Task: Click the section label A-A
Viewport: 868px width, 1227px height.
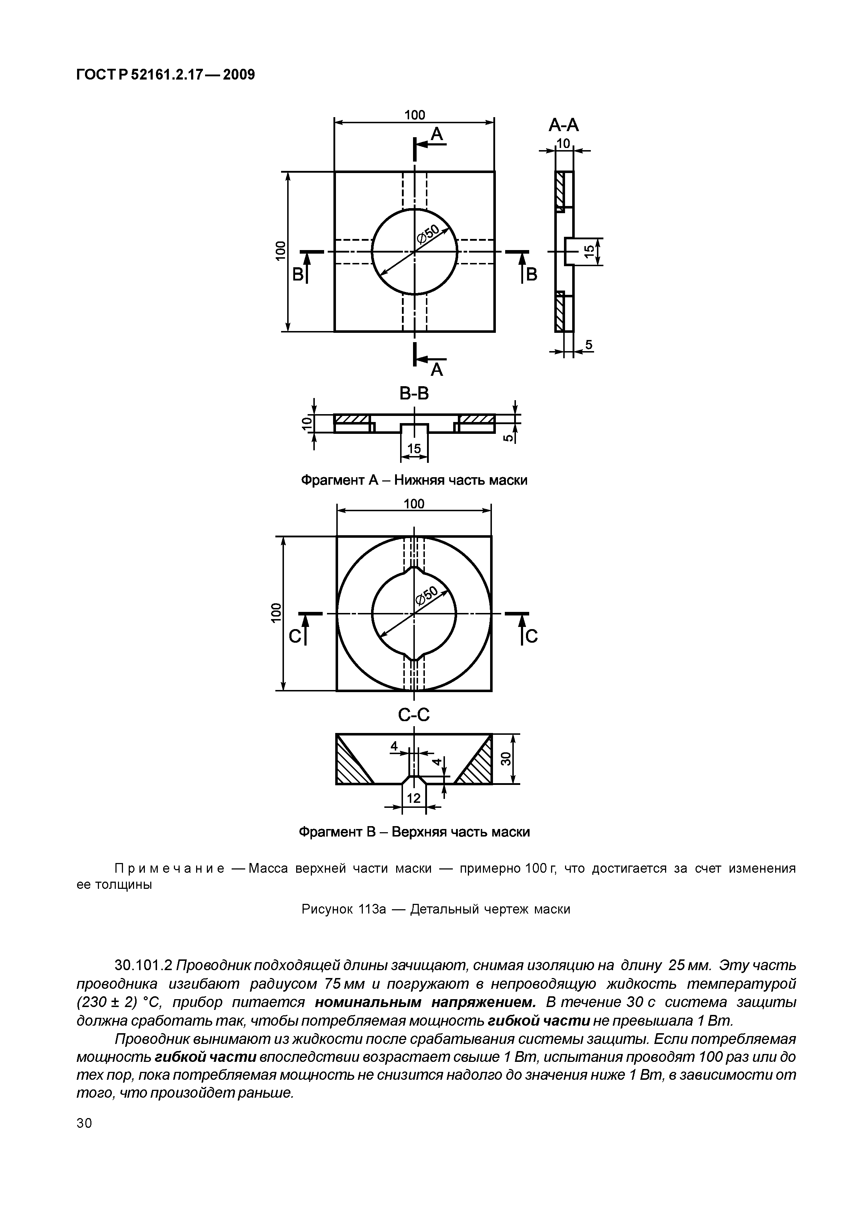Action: pos(564,125)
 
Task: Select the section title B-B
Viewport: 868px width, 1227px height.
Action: pos(414,394)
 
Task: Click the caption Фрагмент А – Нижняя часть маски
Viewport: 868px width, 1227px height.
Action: pos(414,480)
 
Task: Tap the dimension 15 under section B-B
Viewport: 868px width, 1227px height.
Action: pos(414,449)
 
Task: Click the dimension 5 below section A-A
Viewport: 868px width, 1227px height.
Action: pos(588,345)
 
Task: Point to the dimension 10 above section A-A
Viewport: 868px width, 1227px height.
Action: pos(564,143)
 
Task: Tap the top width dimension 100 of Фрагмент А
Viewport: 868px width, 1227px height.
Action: pos(414,115)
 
